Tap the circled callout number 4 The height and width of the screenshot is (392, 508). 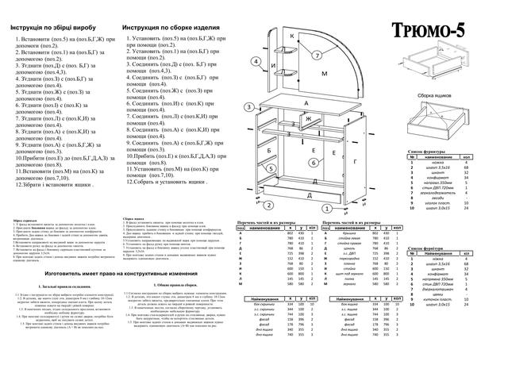(x=255, y=60)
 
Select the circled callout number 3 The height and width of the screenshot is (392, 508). (x=249, y=106)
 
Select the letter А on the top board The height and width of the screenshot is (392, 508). (x=306, y=103)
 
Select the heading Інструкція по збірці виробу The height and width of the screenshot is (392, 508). (x=55, y=28)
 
